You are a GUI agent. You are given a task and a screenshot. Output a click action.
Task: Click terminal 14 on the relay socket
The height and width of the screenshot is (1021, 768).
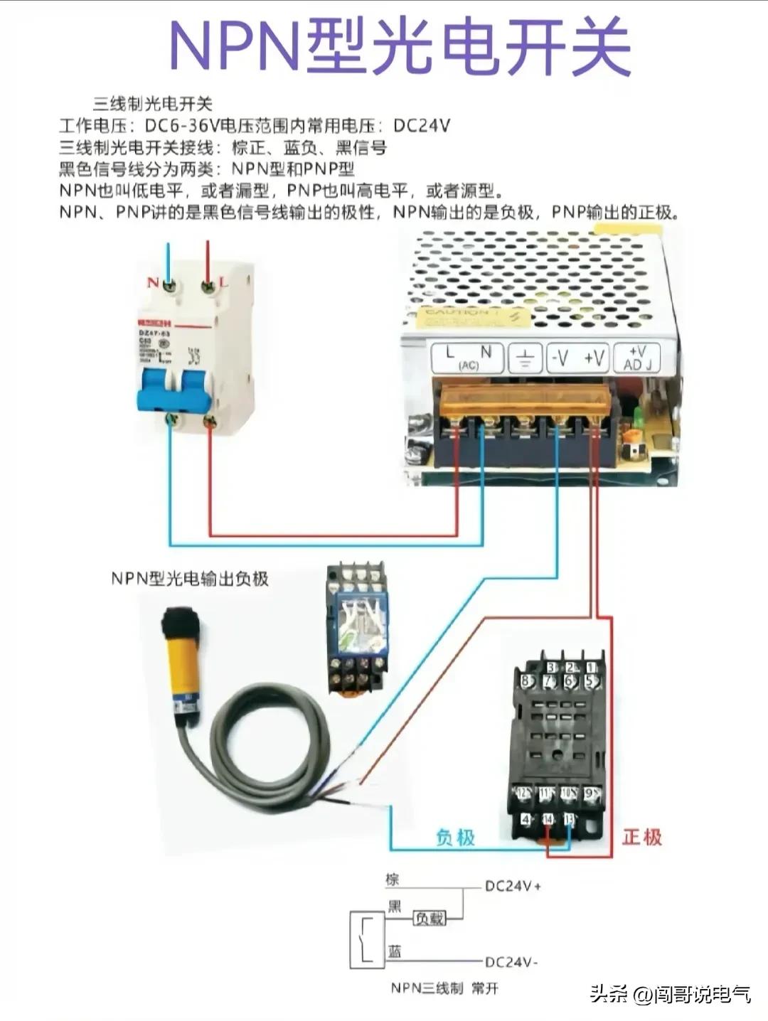tap(548, 820)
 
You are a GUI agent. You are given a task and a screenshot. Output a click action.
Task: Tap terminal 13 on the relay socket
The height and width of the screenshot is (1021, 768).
tap(570, 820)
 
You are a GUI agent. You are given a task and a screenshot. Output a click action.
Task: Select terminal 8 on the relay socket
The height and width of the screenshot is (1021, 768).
tap(526, 681)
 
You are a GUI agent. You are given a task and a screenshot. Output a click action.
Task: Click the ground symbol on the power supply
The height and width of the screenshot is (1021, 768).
tap(525, 358)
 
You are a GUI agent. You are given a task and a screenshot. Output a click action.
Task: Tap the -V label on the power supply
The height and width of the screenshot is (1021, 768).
tap(560, 358)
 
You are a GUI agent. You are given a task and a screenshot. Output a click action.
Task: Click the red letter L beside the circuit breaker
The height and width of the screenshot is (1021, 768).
tap(224, 282)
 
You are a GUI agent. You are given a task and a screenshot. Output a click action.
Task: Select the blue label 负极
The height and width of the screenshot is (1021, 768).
tap(455, 838)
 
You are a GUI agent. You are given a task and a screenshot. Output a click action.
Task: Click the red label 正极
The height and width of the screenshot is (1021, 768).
tap(641, 837)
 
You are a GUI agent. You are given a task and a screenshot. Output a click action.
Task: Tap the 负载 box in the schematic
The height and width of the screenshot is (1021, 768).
tap(430, 919)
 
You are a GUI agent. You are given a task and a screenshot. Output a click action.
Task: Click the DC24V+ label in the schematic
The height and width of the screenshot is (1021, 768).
tap(513, 887)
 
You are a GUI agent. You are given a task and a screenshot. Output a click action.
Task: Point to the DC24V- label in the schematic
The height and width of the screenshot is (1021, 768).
tap(511, 962)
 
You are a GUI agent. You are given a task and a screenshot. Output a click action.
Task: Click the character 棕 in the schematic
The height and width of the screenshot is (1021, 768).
tap(393, 880)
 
